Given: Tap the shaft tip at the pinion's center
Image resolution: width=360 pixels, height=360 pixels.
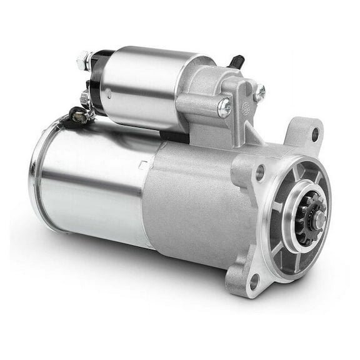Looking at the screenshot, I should (319, 219).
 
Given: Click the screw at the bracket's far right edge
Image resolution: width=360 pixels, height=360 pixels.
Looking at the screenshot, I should (259, 92).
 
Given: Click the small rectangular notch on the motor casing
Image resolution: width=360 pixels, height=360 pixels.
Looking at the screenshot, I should (143, 166).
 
